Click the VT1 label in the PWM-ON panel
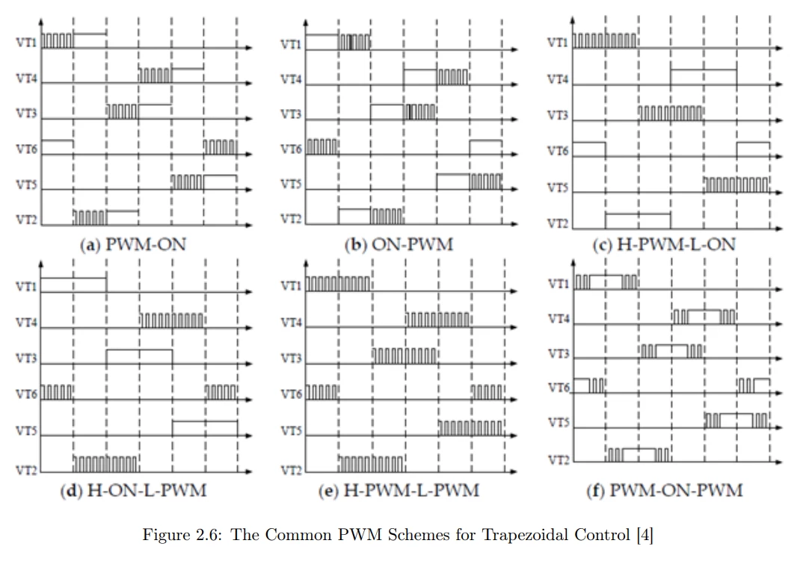pyautogui.click(x=26, y=43)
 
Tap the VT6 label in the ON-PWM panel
pyautogui.click(x=291, y=149)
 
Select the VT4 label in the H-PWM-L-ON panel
pyautogui.click(x=558, y=80)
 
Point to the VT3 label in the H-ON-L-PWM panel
pyautogui.click(x=26, y=359)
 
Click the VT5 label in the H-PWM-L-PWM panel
pyautogui.click(x=291, y=430)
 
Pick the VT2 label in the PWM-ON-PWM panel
pyautogui.click(x=559, y=460)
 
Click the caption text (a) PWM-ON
pyautogui.click(x=133, y=244)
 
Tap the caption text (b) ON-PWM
pyautogui.click(x=399, y=244)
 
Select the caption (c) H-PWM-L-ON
pyautogui.click(x=665, y=244)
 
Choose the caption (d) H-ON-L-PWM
pyautogui.click(x=134, y=490)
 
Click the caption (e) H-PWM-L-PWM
pyautogui.click(x=399, y=490)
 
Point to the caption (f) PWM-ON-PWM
pyautogui.click(x=665, y=490)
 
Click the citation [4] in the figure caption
pyautogui.click(x=645, y=535)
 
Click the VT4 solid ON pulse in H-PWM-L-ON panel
pyautogui.click(x=704, y=69)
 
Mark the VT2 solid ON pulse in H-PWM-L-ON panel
pyautogui.click(x=638, y=214)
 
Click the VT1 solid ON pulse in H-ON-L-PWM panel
pyautogui.click(x=73, y=279)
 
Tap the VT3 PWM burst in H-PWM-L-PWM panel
pyautogui.click(x=405, y=356)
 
